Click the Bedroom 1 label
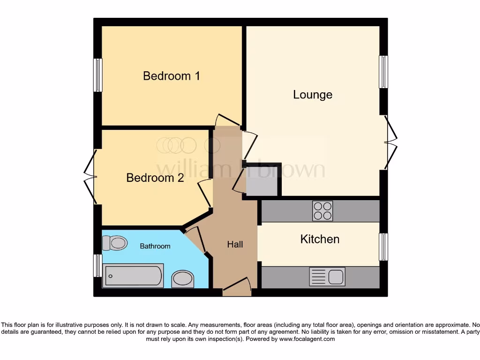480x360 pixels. pos(171,76)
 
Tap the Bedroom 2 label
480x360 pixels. pos(155,178)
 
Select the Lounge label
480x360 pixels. pos(313,95)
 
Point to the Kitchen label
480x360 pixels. pos(320,239)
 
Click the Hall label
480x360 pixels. pos(235,244)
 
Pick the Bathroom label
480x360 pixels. pos(155,246)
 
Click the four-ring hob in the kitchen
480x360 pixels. pos(322,211)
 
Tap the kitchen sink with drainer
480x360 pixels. pos(327,277)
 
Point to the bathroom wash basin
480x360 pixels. pos(183,279)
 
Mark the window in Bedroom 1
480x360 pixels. pos(97,75)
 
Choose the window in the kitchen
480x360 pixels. pos(383,247)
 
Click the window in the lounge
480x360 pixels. pos(383,72)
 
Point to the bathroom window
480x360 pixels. pos(97,266)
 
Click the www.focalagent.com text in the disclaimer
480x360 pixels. pos(307,339)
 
